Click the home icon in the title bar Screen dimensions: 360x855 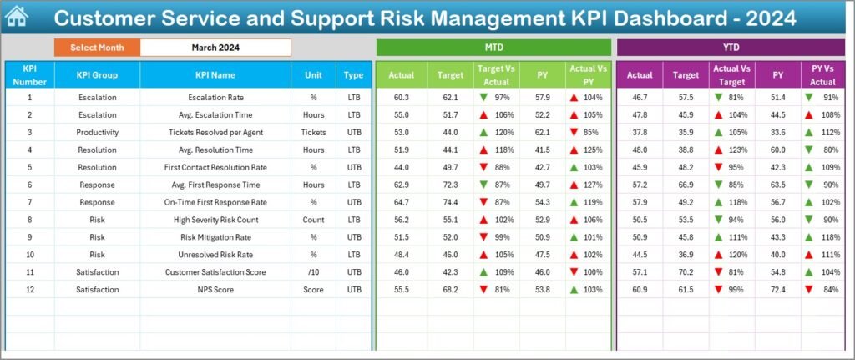coord(16,17)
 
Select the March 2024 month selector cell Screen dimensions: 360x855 coord(215,48)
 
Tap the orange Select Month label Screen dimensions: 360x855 coord(97,48)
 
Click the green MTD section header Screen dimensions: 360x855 coord(494,48)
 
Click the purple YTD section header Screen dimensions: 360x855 coord(731,48)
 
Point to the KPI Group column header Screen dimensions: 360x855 coord(97,75)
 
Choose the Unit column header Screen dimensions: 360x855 coord(313,75)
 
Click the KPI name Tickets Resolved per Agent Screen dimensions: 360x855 coord(215,132)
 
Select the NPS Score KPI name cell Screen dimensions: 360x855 coord(215,289)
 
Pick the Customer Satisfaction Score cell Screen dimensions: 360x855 coord(215,271)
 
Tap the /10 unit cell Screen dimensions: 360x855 coord(313,271)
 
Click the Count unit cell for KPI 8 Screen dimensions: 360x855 coord(313,220)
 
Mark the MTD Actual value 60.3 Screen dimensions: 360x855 coord(402,97)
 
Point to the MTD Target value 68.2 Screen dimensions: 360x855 coord(449,289)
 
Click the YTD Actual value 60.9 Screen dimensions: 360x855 coord(640,289)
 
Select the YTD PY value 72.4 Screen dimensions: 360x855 coord(777,289)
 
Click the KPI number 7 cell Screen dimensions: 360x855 coord(29,202)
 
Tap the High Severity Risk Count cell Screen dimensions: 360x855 coord(215,220)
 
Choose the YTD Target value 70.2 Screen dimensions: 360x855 coord(686,271)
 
